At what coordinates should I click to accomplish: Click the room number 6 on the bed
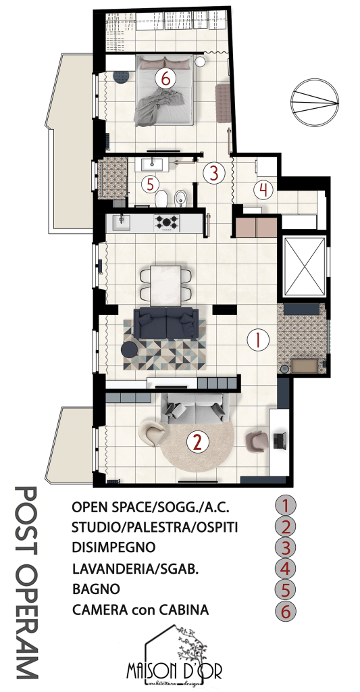click(165, 79)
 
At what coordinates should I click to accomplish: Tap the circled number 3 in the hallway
click(213, 173)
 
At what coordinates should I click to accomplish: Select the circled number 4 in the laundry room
click(263, 190)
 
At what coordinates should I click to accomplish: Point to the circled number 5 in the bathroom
click(150, 184)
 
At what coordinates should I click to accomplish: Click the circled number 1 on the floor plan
click(258, 340)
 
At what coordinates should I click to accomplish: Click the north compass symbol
click(315, 103)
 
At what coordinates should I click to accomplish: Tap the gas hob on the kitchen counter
click(166, 222)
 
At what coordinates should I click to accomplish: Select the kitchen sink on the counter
click(122, 222)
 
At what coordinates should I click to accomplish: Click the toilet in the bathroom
click(161, 198)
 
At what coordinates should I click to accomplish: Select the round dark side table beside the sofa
click(130, 349)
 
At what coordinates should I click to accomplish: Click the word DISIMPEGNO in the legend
click(113, 547)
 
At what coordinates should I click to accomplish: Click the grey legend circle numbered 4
click(286, 568)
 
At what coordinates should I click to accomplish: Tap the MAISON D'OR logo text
click(174, 672)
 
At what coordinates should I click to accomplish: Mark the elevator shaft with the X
click(305, 266)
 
